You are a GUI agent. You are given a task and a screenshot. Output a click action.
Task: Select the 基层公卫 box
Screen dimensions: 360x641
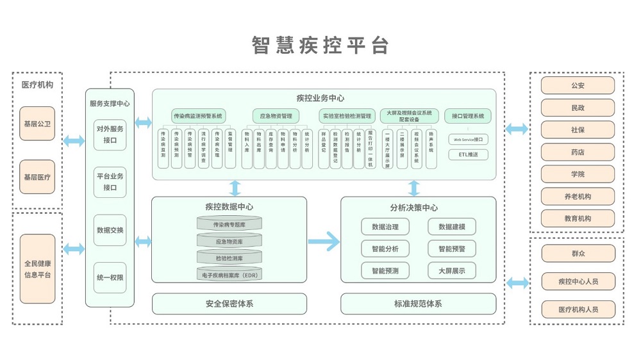pyautogui.click(x=37, y=124)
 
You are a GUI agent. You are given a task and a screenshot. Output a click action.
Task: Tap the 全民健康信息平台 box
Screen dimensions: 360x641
pyautogui.click(x=37, y=268)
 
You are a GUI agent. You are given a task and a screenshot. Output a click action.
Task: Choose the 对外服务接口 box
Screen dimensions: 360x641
pyautogui.click(x=110, y=135)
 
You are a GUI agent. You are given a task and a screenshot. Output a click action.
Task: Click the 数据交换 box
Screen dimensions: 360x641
pyautogui.click(x=110, y=230)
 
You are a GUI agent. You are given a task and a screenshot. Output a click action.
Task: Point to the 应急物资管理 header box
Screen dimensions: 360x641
pyautogui.click(x=276, y=116)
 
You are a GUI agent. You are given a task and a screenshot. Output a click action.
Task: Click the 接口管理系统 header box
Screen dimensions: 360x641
pyautogui.click(x=468, y=116)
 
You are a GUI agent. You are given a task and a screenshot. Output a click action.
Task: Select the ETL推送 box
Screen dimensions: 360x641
pyautogui.click(x=468, y=154)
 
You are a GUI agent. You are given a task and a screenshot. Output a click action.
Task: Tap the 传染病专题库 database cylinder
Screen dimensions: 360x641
pyautogui.click(x=229, y=225)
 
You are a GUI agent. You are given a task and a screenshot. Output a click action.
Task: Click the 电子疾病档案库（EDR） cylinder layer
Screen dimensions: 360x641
pyautogui.click(x=229, y=274)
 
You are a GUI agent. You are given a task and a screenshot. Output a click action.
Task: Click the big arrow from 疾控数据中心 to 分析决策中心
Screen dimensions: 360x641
pyautogui.click(x=323, y=241)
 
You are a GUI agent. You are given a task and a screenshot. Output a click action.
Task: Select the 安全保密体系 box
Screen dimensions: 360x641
pyautogui.click(x=229, y=304)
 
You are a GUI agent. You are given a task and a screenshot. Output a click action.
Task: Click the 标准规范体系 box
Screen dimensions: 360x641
pyautogui.click(x=418, y=304)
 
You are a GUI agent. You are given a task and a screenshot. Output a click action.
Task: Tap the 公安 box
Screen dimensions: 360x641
pyautogui.click(x=578, y=85)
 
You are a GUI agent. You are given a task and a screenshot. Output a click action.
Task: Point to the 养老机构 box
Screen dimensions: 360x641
pyautogui.click(x=578, y=197)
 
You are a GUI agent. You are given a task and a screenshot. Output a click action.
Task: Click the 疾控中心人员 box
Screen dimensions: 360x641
pyautogui.click(x=578, y=281)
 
